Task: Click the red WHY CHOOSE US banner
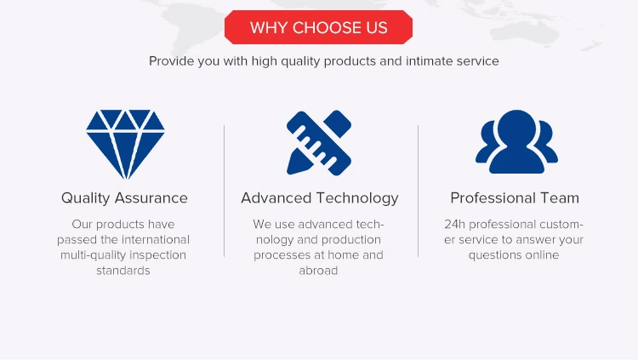click(x=319, y=27)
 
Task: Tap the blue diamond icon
click(x=125, y=144)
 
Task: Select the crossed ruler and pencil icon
click(x=319, y=143)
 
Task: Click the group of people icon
click(x=516, y=142)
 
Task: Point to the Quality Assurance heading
click(x=124, y=198)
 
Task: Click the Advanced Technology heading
click(x=319, y=198)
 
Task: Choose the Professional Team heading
click(x=515, y=198)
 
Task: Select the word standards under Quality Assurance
click(x=123, y=271)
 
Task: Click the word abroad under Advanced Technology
click(x=318, y=271)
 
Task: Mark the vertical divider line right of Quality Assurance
click(x=225, y=191)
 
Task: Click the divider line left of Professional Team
click(x=418, y=191)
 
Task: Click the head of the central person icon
click(x=516, y=127)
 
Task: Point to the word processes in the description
click(x=279, y=255)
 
